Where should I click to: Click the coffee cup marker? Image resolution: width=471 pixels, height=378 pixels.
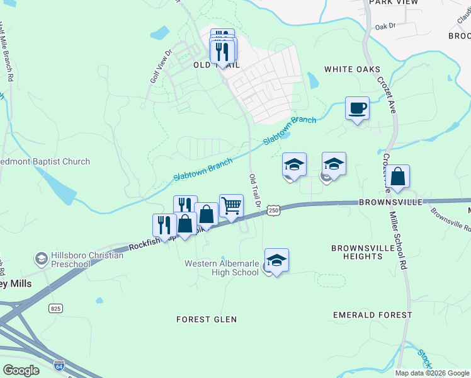coord(357,108)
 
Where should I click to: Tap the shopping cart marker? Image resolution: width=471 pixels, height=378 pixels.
coord(232,205)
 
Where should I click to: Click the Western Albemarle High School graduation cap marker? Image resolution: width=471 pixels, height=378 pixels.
coord(276,260)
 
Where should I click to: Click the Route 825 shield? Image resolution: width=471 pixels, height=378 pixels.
coord(55,307)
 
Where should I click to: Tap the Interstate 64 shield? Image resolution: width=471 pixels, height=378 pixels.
coord(59,365)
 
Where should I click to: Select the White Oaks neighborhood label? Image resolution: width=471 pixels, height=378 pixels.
coord(353,69)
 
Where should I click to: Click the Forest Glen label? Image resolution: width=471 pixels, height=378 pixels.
coord(207,319)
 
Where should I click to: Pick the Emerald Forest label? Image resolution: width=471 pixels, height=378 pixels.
coord(372,315)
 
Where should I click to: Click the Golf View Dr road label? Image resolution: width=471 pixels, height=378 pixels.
coord(160,67)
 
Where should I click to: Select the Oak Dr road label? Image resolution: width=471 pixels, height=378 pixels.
coord(385,26)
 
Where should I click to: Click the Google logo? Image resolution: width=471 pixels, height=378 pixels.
coord(21,370)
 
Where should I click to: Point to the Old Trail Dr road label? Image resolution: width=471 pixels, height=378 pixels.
coord(254,192)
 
